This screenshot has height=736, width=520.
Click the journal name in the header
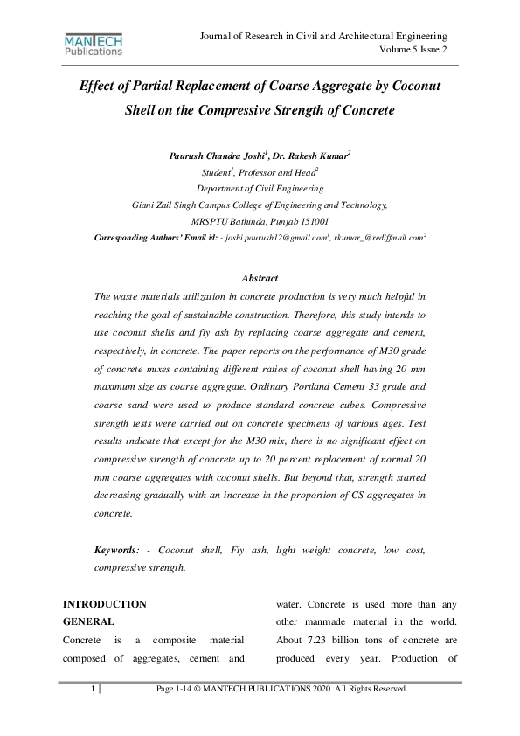click(x=324, y=36)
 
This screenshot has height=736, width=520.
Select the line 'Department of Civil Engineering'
click(x=260, y=188)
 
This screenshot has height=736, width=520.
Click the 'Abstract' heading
click(x=260, y=279)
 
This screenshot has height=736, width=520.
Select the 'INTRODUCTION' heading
click(x=105, y=604)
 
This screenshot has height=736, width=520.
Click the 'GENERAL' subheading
click(x=89, y=621)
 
